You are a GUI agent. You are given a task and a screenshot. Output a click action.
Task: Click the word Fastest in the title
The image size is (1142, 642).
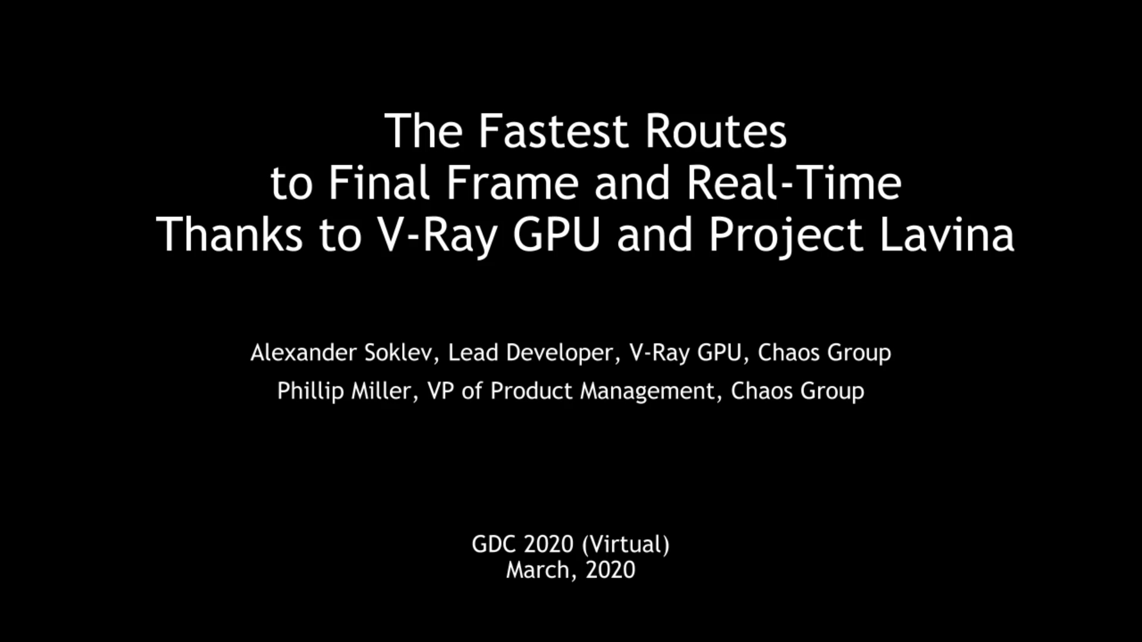(553, 131)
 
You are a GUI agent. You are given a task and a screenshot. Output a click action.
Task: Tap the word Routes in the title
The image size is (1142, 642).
(716, 131)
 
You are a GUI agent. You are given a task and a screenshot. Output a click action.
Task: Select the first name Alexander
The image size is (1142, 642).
(303, 353)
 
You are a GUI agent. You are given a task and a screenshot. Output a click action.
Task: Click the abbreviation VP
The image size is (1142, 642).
(441, 391)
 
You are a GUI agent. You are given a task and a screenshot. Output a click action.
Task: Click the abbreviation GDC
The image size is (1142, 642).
(493, 544)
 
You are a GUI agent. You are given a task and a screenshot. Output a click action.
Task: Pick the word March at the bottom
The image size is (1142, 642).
(541, 570)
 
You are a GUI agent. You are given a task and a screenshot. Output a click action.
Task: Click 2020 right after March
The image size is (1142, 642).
(610, 570)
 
